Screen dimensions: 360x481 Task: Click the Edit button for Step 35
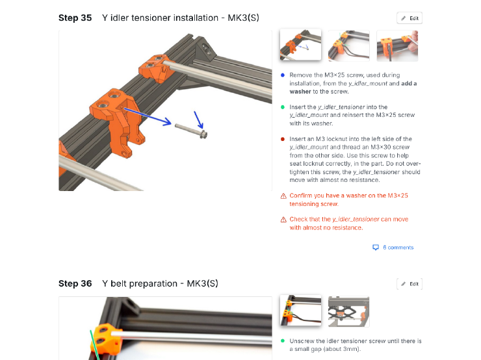pyautogui.click(x=409, y=18)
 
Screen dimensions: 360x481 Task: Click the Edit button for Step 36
pyautogui.click(x=409, y=284)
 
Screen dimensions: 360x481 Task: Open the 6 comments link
pyautogui.click(x=398, y=248)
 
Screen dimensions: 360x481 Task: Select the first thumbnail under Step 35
pyautogui.click(x=300, y=45)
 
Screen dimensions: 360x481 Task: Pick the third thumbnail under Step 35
pyautogui.click(x=396, y=45)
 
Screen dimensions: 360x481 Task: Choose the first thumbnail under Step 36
pyautogui.click(x=300, y=311)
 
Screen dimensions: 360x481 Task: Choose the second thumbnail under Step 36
pyautogui.click(x=348, y=311)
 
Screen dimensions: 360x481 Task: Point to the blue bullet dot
pyautogui.click(x=283, y=75)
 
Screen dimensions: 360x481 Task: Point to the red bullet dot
pyautogui.click(x=283, y=139)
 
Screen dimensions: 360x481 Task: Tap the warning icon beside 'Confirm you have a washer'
pyautogui.click(x=283, y=196)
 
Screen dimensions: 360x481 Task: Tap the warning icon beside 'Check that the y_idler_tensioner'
pyautogui.click(x=283, y=220)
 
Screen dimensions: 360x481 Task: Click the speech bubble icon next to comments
pyautogui.click(x=375, y=248)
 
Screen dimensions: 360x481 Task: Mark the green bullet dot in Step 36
pyautogui.click(x=283, y=341)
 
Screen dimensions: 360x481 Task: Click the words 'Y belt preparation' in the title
pyautogui.click(x=139, y=284)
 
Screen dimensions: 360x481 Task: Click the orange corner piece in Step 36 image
pyautogui.click(x=107, y=338)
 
